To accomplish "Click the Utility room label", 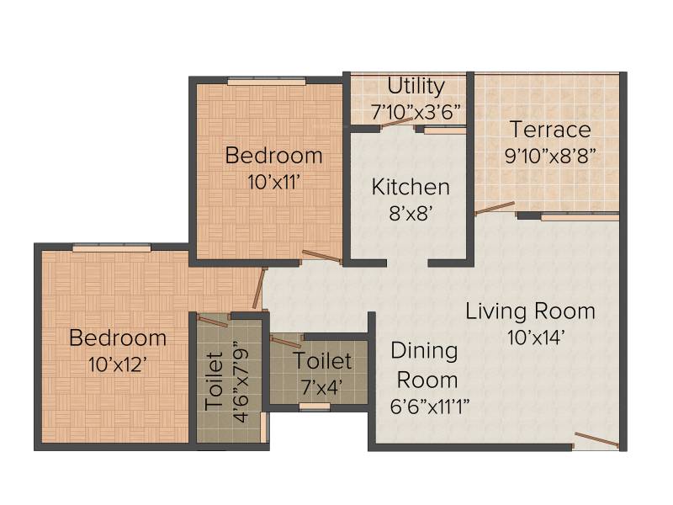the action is point(416,86).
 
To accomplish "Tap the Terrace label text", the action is point(550,130).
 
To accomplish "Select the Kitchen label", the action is point(411,187).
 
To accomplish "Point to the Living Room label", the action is point(531,311).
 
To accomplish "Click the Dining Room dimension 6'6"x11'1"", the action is point(430,407).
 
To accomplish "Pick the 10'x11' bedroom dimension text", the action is point(273,183).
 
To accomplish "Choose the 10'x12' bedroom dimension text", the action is point(118,365).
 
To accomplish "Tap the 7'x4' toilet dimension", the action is point(322,387).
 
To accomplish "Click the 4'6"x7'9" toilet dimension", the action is point(241,382).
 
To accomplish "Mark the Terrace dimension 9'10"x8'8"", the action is point(551,156).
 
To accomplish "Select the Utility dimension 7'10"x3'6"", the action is point(416,112).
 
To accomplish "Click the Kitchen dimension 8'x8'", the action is point(411,213).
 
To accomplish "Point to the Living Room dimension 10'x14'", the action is point(535,338).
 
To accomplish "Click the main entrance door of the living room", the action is point(596,440).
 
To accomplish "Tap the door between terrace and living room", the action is point(495,208).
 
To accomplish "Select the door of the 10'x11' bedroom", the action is point(322,257).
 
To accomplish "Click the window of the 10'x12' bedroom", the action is point(112,247).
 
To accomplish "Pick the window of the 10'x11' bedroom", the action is point(267,81).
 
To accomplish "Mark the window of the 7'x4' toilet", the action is point(315,407).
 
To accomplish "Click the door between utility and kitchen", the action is point(397,122).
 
